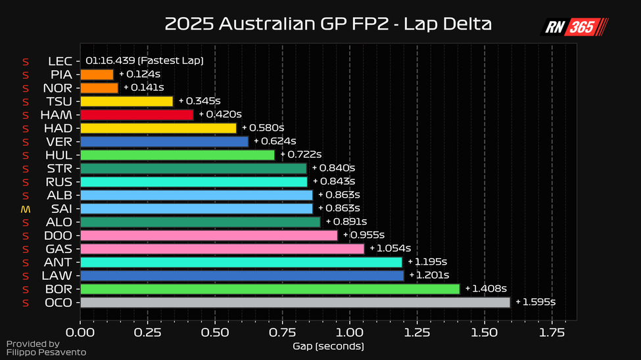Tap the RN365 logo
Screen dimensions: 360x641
pyautogui.click(x=575, y=27)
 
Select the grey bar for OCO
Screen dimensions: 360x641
pyautogui.click(x=295, y=302)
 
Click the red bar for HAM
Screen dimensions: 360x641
pyautogui.click(x=137, y=114)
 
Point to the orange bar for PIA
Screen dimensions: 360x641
pyautogui.click(x=97, y=74)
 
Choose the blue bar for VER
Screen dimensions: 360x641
pyautogui.click(x=164, y=141)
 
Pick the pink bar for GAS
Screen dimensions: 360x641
pyautogui.click(x=222, y=248)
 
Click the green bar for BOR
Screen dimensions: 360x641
pyautogui.click(x=270, y=288)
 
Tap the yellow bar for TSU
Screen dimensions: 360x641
pyautogui.click(x=126, y=101)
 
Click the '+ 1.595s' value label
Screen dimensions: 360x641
pyautogui.click(x=535, y=302)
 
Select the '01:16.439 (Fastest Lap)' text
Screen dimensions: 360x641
pyautogui.click(x=144, y=60)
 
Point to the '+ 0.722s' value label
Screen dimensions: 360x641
pyautogui.click(x=300, y=155)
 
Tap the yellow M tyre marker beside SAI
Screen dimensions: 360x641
pyautogui.click(x=26, y=209)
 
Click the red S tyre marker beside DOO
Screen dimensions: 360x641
pyautogui.click(x=26, y=235)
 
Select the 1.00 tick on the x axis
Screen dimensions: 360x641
pyautogui.click(x=350, y=332)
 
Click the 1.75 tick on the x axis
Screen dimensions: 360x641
pyautogui.click(x=552, y=332)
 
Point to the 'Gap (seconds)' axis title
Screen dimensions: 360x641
pyautogui.click(x=328, y=346)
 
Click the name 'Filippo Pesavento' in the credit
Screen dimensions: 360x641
pyautogui.click(x=46, y=353)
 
